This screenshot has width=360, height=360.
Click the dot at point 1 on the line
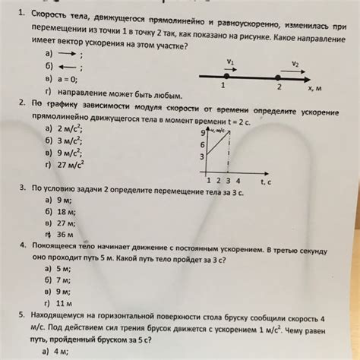click(x=225, y=76)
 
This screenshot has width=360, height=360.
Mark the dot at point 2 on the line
click(x=279, y=77)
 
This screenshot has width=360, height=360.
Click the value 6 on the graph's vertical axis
click(x=202, y=144)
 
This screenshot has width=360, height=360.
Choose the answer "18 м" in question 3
click(x=68, y=212)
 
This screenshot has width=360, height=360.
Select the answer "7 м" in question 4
click(x=67, y=280)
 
